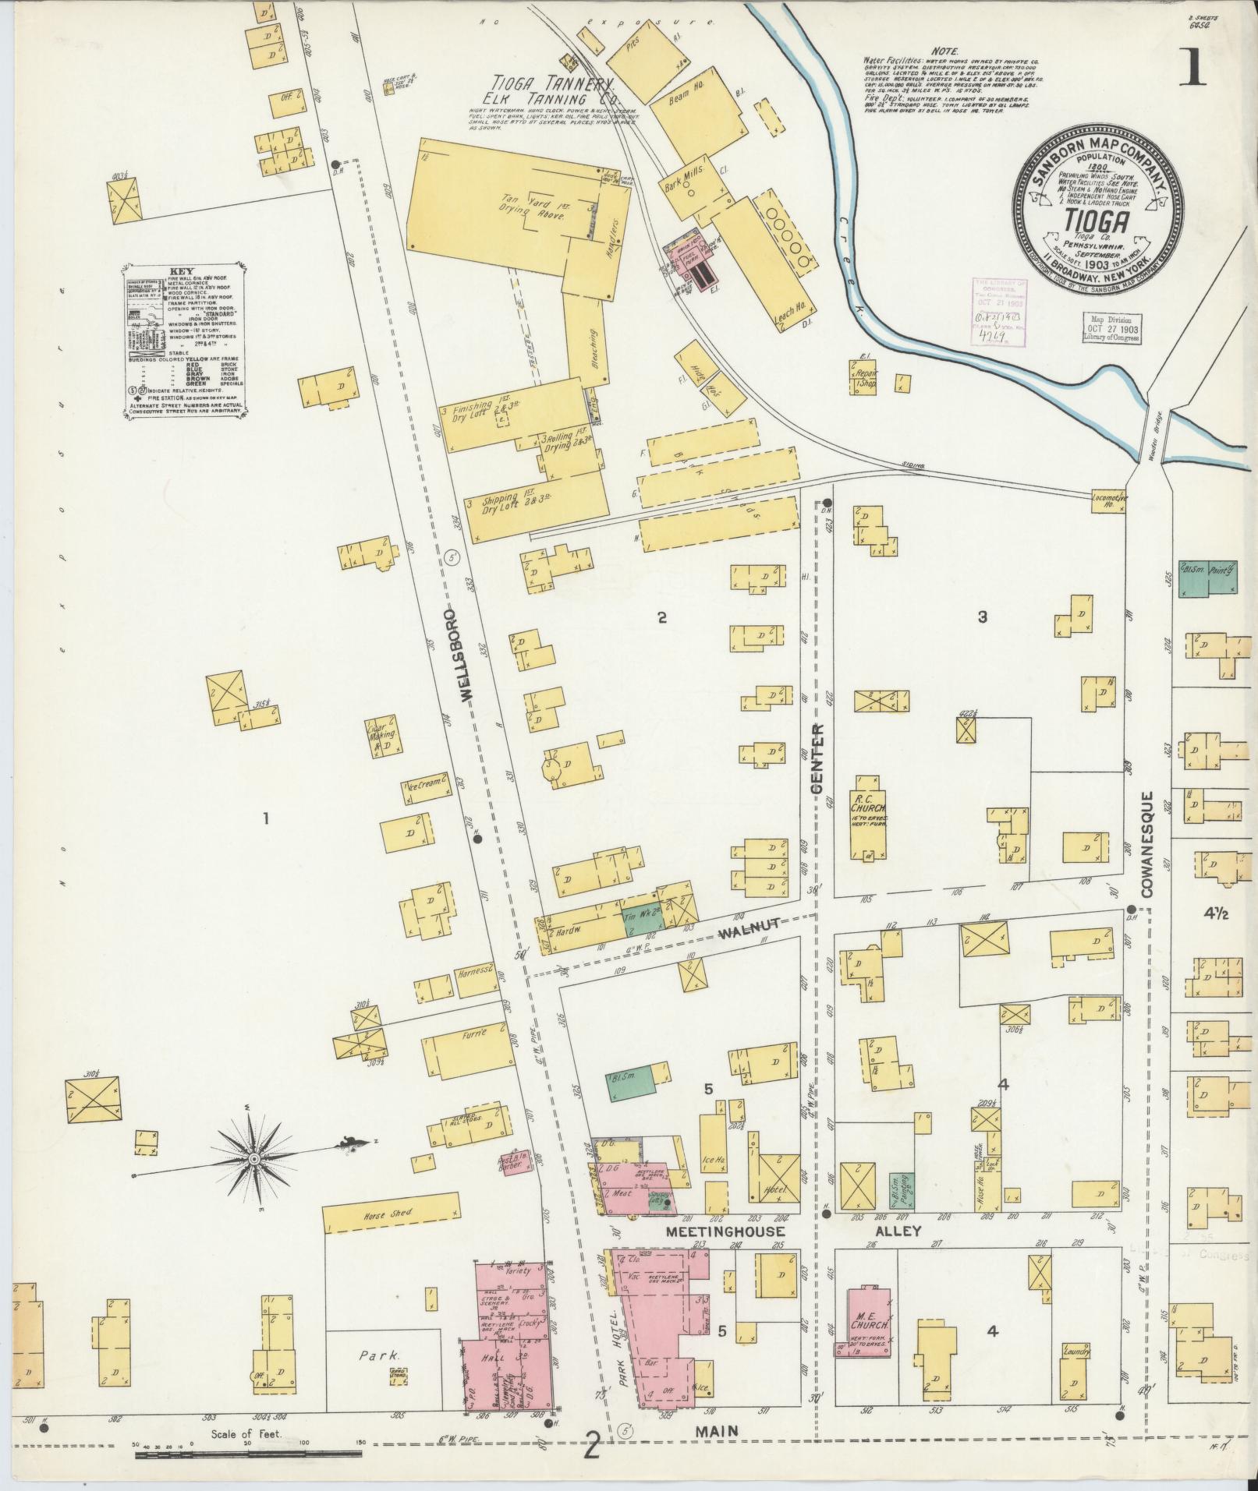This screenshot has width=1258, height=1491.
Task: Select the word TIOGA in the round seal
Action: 1099,223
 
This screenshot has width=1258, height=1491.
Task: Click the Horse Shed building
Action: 390,1237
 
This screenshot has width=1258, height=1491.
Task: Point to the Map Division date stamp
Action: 1111,330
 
